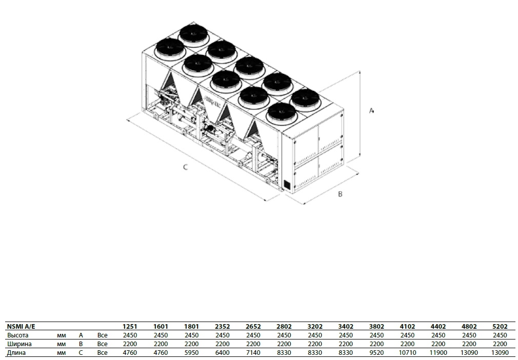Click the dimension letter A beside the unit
[371, 111]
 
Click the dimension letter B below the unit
[340, 194]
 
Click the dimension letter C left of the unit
[185, 167]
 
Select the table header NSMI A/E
[21, 326]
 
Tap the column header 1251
[130, 326]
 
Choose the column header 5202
[500, 326]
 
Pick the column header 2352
[223, 326]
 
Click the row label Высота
[17, 335]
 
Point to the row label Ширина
[19, 344]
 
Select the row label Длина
[16, 352]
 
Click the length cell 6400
[223, 352]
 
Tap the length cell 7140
[253, 352]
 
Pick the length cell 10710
[407, 352]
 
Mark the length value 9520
[376, 352]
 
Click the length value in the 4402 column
[438, 352]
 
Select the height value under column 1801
[192, 335]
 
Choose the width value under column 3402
[346, 344]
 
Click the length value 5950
[192, 352]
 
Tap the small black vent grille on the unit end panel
[286, 185]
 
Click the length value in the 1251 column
[130, 352]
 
